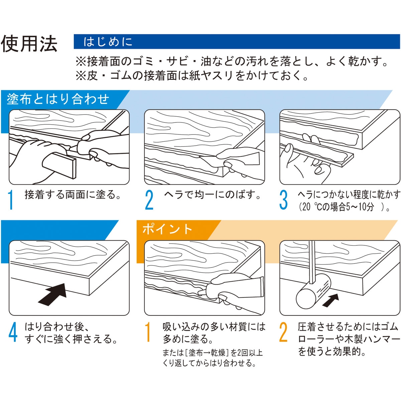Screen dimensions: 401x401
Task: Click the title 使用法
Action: click(x=29, y=43)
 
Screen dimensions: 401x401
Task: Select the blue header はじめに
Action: click(x=108, y=42)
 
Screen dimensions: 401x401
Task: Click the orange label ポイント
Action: click(x=167, y=229)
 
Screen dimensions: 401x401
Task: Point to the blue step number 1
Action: click(x=11, y=200)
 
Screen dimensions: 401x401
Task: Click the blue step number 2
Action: click(x=149, y=200)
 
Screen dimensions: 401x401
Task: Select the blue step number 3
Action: click(x=283, y=200)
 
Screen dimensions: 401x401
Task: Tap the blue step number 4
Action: click(x=13, y=332)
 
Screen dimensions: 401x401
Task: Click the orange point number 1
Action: click(x=147, y=332)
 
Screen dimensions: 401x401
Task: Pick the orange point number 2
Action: click(x=283, y=332)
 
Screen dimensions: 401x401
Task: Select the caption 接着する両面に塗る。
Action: click(x=73, y=194)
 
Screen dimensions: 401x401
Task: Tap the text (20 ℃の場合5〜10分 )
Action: click(x=344, y=207)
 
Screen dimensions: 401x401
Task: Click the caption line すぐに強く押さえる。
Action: click(x=72, y=339)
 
